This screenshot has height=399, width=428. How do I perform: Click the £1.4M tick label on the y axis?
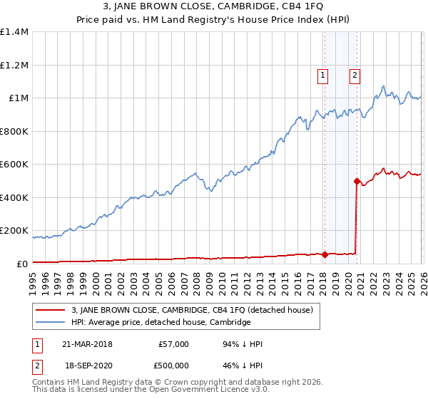tap(14, 32)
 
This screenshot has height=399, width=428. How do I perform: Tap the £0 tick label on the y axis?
tap(22, 264)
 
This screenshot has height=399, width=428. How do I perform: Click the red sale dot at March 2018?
tap(325, 254)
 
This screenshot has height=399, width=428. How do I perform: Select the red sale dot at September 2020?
tap(356, 181)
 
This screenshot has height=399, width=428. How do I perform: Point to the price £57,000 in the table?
tap(173, 344)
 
